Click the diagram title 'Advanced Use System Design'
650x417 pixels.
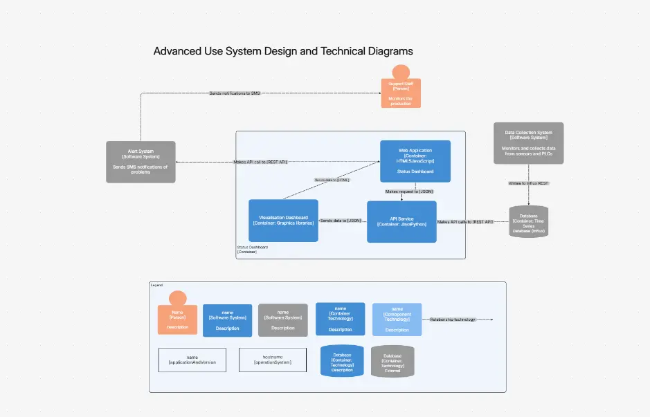point(282,51)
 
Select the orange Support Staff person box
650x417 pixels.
point(400,92)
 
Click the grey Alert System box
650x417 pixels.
point(141,162)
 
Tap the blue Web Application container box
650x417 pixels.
point(415,160)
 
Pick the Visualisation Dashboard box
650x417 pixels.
point(283,220)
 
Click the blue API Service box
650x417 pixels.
point(401,221)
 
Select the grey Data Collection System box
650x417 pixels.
point(528,143)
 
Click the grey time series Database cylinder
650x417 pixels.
point(528,222)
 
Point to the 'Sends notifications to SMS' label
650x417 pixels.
point(235,93)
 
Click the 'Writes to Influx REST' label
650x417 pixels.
point(528,183)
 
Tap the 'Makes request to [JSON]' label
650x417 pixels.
point(409,191)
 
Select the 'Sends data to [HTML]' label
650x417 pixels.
point(332,180)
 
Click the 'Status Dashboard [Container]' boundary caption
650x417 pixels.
point(252,250)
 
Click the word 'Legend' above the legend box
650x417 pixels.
point(157,285)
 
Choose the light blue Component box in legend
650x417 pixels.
point(397,319)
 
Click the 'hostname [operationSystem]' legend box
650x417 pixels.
point(272,360)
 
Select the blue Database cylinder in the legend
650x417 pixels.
point(342,361)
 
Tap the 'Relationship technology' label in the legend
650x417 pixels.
point(453,319)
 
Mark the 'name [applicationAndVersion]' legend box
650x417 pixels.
point(192,360)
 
